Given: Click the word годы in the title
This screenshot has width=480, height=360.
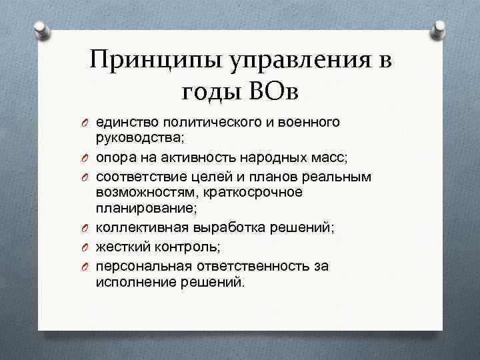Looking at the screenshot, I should [x=208, y=92].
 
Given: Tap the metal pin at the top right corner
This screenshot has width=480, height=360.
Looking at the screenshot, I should [x=441, y=28].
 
